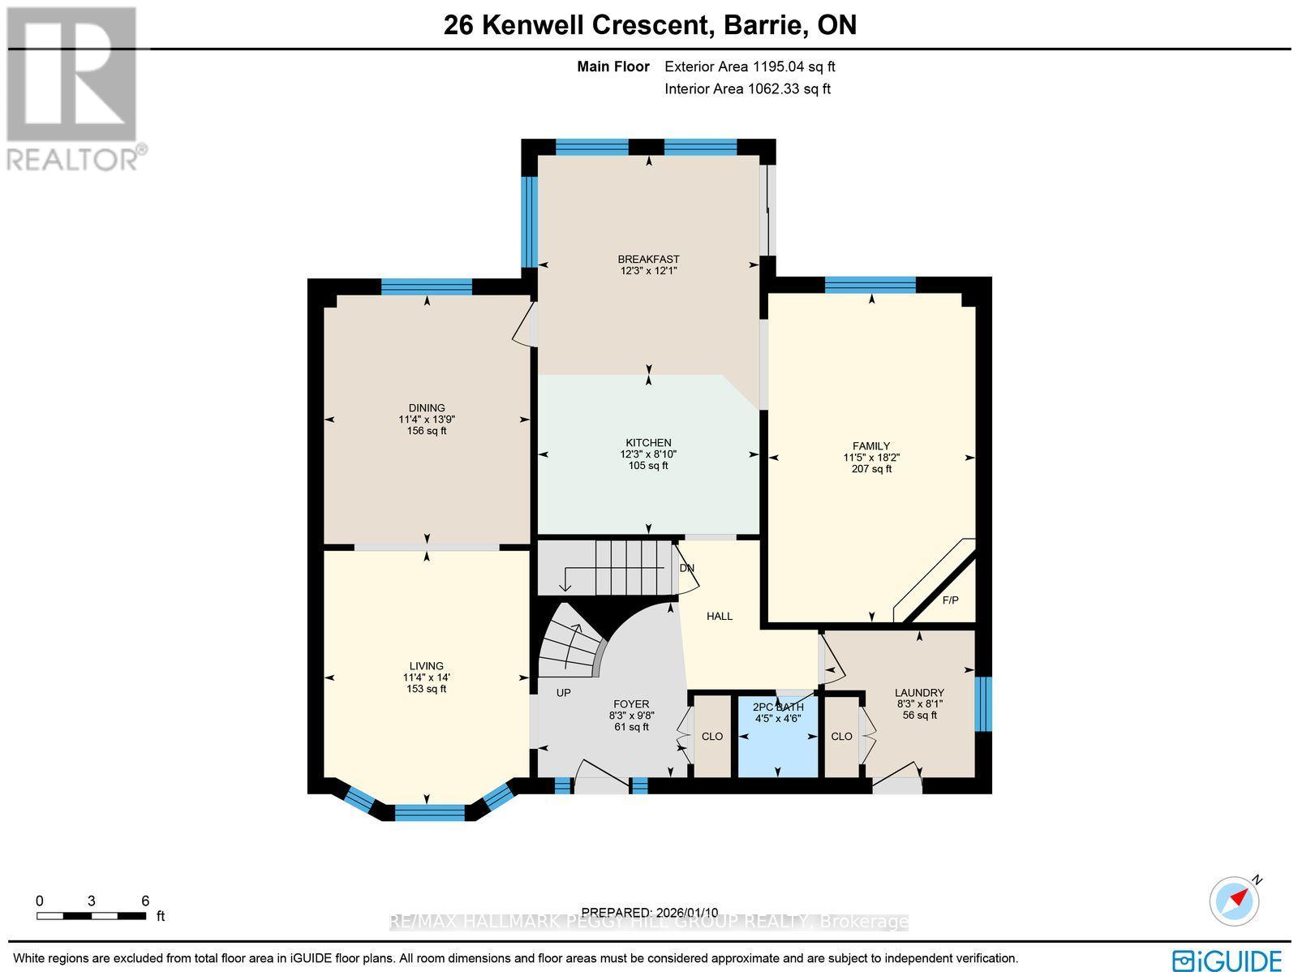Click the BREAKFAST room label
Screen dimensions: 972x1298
[x=648, y=260]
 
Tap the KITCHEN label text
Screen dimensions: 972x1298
[x=648, y=443]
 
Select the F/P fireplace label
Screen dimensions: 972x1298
[x=950, y=600]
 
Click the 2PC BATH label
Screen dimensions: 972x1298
[x=778, y=707]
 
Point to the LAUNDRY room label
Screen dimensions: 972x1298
[x=919, y=693]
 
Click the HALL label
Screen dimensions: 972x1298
[x=719, y=617]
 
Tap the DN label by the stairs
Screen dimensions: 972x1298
[x=687, y=568]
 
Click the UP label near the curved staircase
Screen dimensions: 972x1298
[x=563, y=693]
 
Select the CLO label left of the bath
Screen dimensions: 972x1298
[x=711, y=737]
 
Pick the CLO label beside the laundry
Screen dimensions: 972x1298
[x=841, y=737]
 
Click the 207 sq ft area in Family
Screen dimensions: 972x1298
[x=871, y=469]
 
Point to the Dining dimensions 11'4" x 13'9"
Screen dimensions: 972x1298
[x=427, y=419]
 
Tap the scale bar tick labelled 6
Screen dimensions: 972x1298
[x=145, y=901]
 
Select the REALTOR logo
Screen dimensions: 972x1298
[x=75, y=89]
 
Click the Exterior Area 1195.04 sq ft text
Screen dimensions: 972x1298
[x=750, y=67]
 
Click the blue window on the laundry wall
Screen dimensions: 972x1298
[x=983, y=703]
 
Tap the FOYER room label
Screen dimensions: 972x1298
[x=631, y=704]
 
